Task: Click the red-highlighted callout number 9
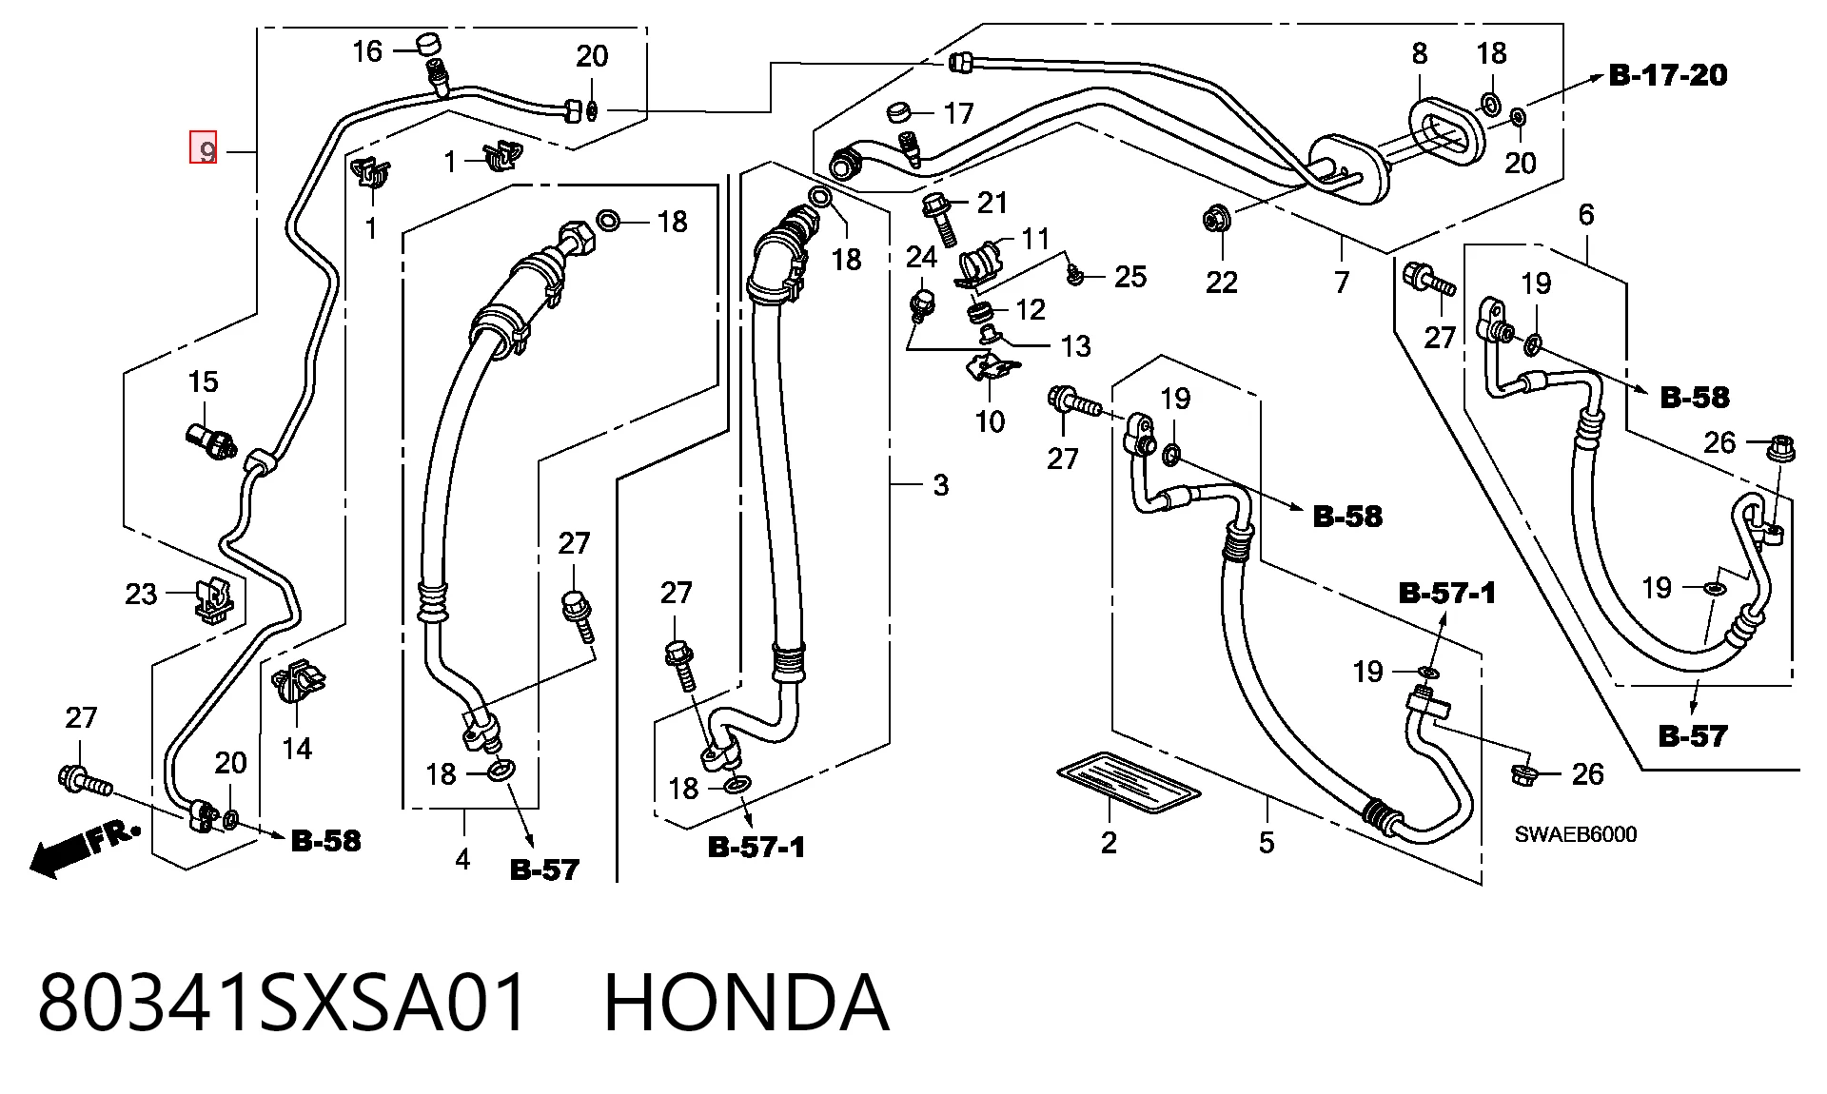pos(205,147)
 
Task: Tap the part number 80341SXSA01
pos(283,1004)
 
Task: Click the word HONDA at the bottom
pos(747,1004)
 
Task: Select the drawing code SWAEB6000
pos(1576,835)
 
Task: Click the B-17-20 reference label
pos(1668,75)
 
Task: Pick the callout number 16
pos(367,51)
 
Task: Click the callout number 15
pos(203,382)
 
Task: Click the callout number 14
pos(297,750)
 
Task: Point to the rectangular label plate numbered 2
pos(1129,786)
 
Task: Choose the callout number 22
pos(1222,282)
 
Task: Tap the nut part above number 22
pos(1215,220)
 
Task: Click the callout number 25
pos(1130,277)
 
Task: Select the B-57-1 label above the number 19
pos(1447,594)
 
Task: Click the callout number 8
pos(1420,53)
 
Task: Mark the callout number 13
pos(1076,346)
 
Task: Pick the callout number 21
pos(992,202)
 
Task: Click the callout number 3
pos(941,486)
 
